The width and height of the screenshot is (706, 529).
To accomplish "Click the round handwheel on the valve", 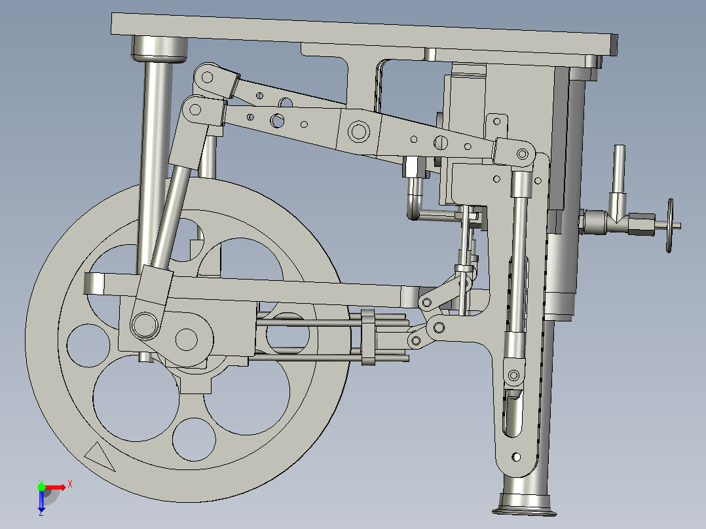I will (x=669, y=226).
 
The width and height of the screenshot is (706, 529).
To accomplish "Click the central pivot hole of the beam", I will (x=359, y=131).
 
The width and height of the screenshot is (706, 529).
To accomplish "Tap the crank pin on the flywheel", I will (x=144, y=323).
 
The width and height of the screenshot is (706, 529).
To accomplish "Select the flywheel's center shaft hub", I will (x=187, y=338).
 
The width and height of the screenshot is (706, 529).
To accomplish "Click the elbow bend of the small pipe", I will (x=413, y=212).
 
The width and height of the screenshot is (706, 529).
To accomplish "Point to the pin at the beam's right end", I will (x=523, y=155).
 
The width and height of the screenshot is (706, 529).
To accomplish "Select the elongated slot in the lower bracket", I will (x=512, y=412).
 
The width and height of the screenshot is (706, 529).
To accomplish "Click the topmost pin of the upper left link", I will (x=208, y=77).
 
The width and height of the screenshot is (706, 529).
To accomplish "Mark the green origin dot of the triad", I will (x=41, y=487).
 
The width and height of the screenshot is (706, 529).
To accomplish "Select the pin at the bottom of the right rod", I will (x=513, y=375).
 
